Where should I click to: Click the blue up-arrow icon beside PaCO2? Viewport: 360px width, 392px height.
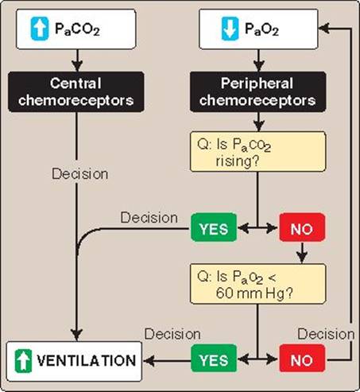point(40,29)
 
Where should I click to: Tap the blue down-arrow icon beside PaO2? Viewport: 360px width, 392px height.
point(230,29)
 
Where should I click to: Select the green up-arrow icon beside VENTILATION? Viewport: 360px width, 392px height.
point(23,361)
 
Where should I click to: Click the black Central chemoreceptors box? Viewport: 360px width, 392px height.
point(76,91)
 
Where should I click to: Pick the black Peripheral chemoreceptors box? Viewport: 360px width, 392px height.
point(258,91)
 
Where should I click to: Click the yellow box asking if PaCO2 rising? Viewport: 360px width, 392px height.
point(258,152)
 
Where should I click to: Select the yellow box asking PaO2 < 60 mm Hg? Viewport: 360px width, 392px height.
point(258,284)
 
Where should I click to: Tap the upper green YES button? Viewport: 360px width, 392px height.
point(214,227)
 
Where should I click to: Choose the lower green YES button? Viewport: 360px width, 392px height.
point(214,359)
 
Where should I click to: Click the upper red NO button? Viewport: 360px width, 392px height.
point(302,227)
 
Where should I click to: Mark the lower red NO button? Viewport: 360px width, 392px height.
point(302,359)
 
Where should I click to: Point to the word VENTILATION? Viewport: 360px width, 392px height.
point(87,361)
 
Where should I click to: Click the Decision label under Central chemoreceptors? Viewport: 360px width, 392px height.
point(80,174)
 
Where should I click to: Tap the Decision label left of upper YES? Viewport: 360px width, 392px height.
point(149,218)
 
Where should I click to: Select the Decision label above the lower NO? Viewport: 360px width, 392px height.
point(326,334)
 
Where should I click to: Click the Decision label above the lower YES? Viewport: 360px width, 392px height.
point(172,334)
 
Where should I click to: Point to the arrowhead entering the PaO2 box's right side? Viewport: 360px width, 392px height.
point(324,28)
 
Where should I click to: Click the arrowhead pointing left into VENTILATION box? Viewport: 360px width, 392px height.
point(149,361)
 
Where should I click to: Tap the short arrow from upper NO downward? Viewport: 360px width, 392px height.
point(302,253)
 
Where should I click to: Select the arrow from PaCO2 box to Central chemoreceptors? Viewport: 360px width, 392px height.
point(77,60)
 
